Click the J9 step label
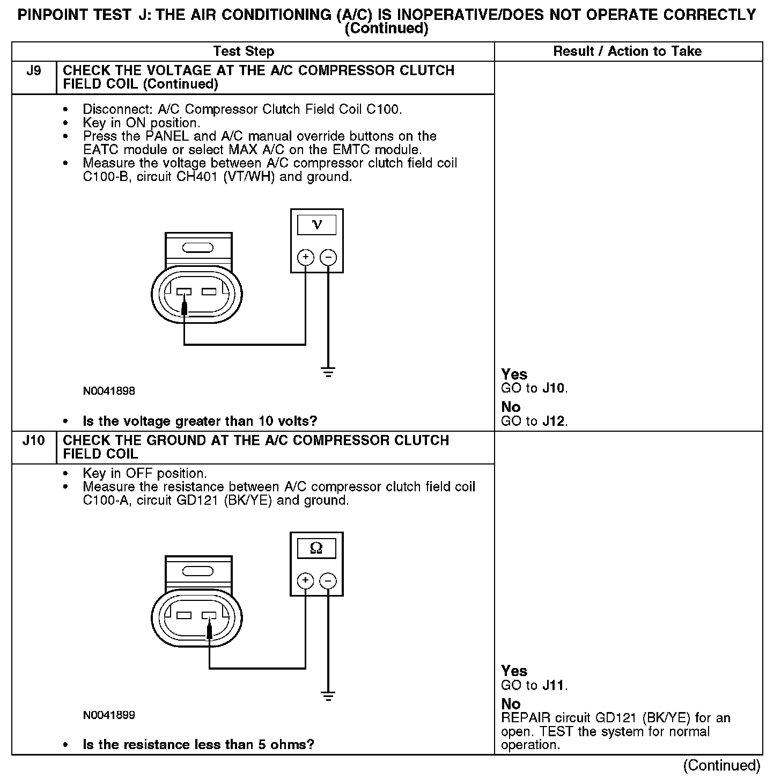click(33, 71)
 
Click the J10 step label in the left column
click(33, 441)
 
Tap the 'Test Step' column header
click(244, 52)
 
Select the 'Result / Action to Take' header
click(627, 52)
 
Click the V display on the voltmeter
click(317, 224)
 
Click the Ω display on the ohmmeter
click(316, 548)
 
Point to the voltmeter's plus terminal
click(305, 258)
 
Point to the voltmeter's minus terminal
click(328, 258)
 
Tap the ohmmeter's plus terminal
click(305, 580)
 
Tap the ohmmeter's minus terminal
click(328, 580)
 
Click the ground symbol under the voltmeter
click(328, 371)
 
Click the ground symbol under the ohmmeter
click(328, 695)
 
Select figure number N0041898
click(109, 391)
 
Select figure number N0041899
click(109, 715)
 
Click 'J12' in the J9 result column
click(554, 421)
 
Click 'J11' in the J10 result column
click(554, 685)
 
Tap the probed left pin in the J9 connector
click(184, 293)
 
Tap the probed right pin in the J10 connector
click(209, 616)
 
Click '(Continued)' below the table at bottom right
click(721, 765)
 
